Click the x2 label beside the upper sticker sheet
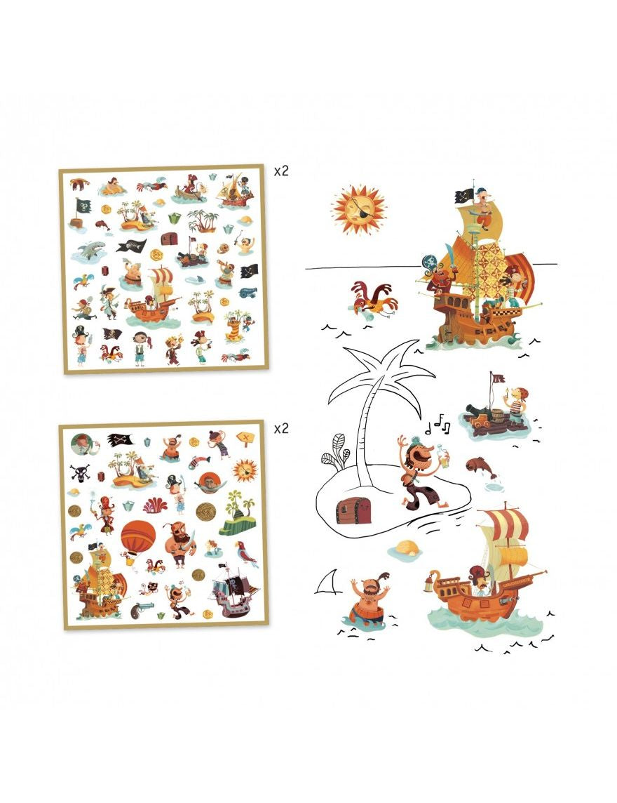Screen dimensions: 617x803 [281, 171]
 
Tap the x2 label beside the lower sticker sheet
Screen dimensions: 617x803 [281, 428]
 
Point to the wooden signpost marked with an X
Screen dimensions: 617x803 [245, 439]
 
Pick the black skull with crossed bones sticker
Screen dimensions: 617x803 [81, 472]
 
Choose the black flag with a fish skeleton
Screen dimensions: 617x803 [132, 246]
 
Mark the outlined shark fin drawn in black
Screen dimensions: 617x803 [328, 582]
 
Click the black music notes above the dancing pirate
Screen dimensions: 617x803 [438, 424]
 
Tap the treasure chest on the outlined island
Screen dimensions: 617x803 [353, 510]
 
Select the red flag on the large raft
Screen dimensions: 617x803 [497, 378]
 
